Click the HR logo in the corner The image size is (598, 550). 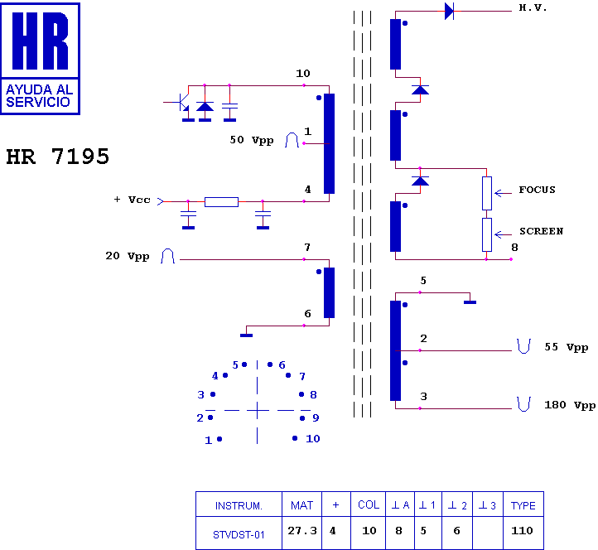(x=41, y=58)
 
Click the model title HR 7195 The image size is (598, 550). (x=58, y=157)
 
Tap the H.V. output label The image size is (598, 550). (x=533, y=7)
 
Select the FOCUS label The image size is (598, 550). (x=537, y=190)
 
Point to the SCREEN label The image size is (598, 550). (x=541, y=231)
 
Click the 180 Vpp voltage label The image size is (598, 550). (x=570, y=406)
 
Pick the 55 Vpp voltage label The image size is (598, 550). (x=566, y=348)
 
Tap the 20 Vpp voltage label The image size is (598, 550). (x=127, y=257)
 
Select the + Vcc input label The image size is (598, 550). (x=133, y=200)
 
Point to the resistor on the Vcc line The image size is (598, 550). (x=221, y=201)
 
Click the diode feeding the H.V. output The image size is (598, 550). (x=449, y=11)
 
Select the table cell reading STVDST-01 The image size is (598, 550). (x=239, y=533)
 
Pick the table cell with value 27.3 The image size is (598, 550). (x=302, y=531)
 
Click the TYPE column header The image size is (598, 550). (x=523, y=505)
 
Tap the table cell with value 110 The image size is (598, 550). (x=523, y=531)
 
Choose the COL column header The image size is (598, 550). (x=369, y=505)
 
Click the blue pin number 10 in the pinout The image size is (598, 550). (x=312, y=439)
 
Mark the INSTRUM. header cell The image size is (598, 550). (x=239, y=505)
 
